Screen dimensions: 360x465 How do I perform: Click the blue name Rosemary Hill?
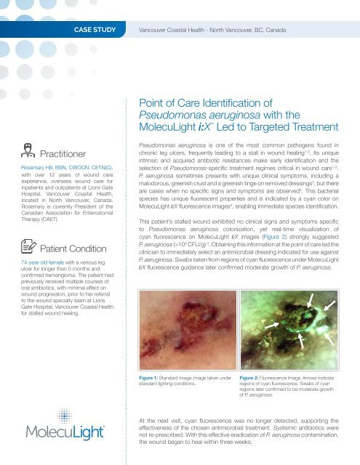[28, 168]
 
